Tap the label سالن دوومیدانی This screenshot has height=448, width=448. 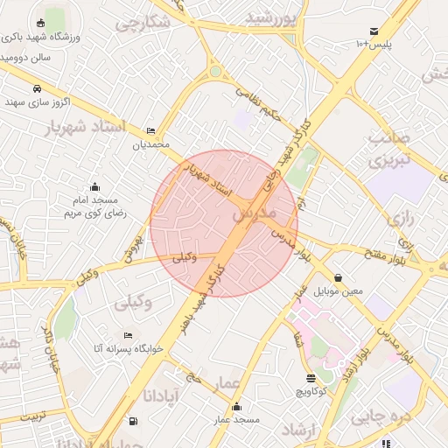pos(26,57)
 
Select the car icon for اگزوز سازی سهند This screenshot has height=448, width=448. pos(37,88)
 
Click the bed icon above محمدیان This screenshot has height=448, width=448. pos(151,130)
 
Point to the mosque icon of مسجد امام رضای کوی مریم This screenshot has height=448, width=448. pos(95,186)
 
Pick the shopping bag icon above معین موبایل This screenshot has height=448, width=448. pos(339,277)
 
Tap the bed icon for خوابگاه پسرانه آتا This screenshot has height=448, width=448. pos(129,335)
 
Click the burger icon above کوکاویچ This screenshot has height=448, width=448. pos(311,378)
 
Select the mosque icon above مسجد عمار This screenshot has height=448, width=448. pos(236,407)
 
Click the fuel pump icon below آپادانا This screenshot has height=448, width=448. pos(133,421)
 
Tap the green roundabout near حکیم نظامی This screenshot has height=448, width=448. pos(215,72)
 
